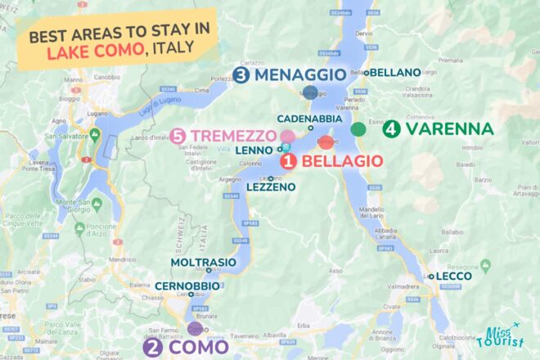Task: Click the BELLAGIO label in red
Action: [x=342, y=161]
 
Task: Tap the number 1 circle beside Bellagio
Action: [x=289, y=161]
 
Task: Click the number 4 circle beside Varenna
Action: [x=391, y=129]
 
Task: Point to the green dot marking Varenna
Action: [x=358, y=128]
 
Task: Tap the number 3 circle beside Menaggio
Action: [x=241, y=75]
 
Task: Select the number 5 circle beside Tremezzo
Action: [x=179, y=135]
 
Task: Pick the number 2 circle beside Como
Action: [x=152, y=347]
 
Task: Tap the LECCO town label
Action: [x=454, y=277]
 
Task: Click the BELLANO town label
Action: [x=395, y=73]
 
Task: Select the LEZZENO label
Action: [x=269, y=187]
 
